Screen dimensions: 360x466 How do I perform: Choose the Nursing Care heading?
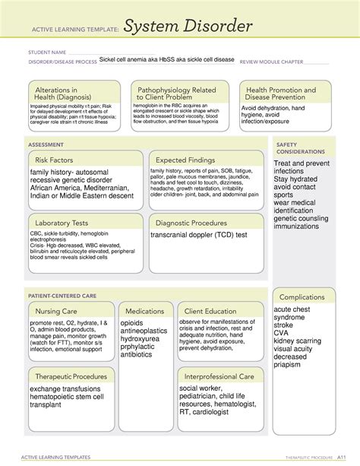55,311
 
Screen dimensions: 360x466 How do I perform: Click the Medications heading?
145,311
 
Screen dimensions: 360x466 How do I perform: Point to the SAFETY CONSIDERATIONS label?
297,147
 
